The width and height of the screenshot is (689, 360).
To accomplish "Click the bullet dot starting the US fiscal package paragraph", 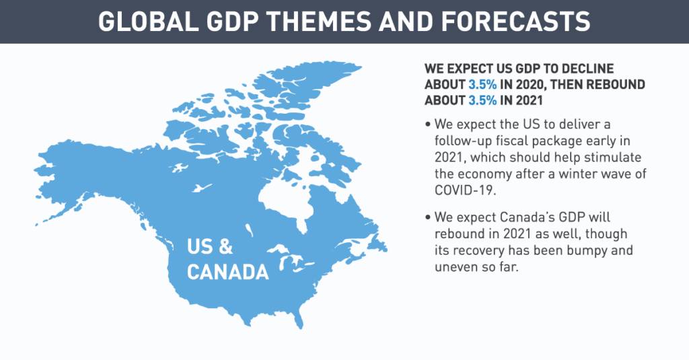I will tap(429, 126).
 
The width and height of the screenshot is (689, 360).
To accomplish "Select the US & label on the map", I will tap(209, 247).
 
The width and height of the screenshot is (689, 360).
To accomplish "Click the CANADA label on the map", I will tap(227, 272).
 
